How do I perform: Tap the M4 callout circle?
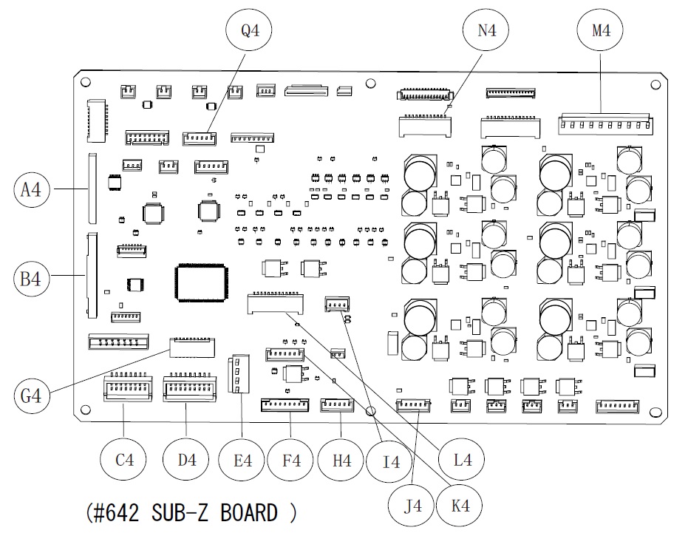click(600, 31)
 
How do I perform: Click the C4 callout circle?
click(123, 460)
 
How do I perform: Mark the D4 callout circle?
click(186, 460)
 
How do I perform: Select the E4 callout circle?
click(242, 460)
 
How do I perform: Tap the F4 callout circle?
click(292, 460)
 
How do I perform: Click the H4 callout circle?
click(341, 460)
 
